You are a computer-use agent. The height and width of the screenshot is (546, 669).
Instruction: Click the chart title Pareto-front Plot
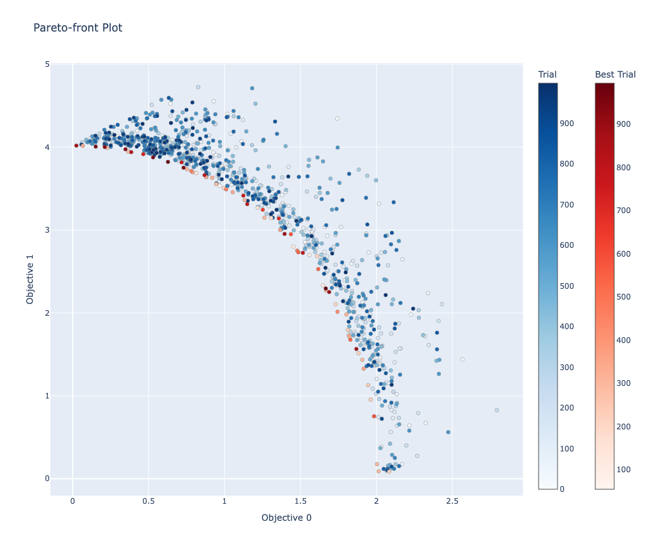click(77, 28)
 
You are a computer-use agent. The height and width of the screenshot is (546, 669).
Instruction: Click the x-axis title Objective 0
click(286, 518)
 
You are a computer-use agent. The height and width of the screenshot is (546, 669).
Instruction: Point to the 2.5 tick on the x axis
click(452, 501)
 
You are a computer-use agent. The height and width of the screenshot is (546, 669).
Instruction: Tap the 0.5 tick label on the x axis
click(149, 501)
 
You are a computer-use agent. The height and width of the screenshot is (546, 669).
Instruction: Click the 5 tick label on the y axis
click(47, 64)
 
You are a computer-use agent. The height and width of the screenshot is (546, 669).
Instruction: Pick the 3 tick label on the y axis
click(47, 230)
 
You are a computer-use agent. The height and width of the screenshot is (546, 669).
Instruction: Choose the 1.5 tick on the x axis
click(300, 501)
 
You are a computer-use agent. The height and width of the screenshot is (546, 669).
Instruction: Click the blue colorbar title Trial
click(547, 74)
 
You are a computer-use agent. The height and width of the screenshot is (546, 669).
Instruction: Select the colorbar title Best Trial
click(615, 74)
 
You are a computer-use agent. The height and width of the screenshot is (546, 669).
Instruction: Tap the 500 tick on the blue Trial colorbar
click(567, 286)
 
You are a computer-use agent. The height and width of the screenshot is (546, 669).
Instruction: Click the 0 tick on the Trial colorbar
click(563, 489)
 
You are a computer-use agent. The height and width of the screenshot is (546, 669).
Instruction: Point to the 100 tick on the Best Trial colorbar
click(624, 469)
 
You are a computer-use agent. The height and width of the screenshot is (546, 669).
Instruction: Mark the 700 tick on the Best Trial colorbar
click(624, 211)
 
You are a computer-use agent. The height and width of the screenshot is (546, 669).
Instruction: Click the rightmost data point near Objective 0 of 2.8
click(496, 410)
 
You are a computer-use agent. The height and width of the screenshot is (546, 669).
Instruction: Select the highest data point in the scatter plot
click(198, 87)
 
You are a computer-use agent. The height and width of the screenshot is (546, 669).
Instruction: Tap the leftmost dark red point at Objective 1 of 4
click(76, 146)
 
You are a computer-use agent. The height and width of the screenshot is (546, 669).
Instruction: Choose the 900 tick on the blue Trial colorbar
click(567, 124)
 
